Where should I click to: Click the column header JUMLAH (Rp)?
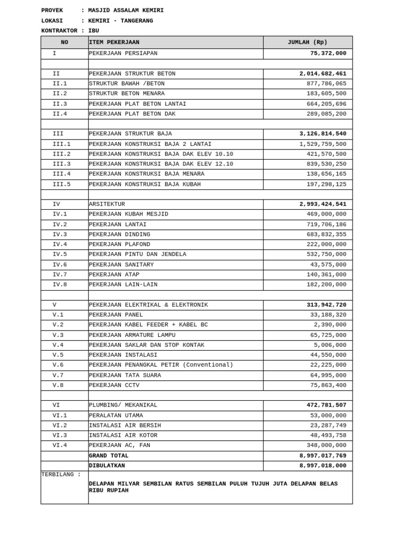307,43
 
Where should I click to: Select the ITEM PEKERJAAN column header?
114,43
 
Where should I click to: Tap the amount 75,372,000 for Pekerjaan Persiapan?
328,53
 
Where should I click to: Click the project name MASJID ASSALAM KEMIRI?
126,11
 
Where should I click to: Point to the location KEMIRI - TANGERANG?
120,21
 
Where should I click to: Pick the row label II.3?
60,104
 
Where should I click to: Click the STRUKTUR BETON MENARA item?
127,94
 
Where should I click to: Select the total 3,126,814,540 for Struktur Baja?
323,134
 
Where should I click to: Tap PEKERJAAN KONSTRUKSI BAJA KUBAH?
145,184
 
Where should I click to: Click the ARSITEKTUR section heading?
107,204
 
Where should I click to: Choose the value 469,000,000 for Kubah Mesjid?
326,214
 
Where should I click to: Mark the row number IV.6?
60,265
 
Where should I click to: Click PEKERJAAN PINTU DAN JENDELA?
137,254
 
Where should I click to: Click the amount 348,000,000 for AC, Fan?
326,445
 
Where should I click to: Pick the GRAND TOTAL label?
109,456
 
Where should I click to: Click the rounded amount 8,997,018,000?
323,466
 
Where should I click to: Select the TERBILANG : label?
61,474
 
